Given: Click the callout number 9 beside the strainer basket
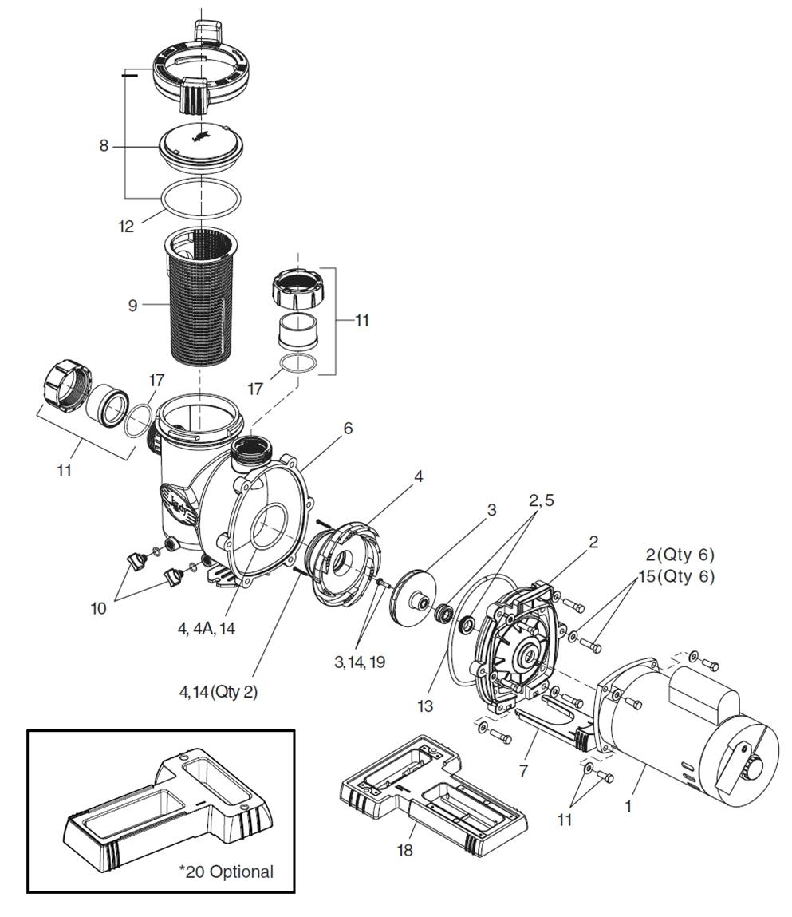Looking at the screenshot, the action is point(132,306).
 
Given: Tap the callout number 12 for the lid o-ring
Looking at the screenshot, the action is point(126,227).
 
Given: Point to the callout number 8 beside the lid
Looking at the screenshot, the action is point(104,145).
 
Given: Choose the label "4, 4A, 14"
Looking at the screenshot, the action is point(206,629).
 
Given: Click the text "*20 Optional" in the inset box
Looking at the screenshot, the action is point(226,872).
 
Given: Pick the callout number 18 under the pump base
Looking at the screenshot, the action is point(404,850).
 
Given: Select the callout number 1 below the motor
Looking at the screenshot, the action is point(628,807).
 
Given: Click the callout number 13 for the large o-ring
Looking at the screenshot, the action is point(425,706).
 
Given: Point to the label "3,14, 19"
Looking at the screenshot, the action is point(360,662).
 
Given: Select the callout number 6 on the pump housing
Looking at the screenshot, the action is point(348,429).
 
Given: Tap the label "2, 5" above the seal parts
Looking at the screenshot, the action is point(541,500).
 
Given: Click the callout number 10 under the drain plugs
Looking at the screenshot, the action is point(98,609).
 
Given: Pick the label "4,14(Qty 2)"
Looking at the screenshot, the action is point(218,692).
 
